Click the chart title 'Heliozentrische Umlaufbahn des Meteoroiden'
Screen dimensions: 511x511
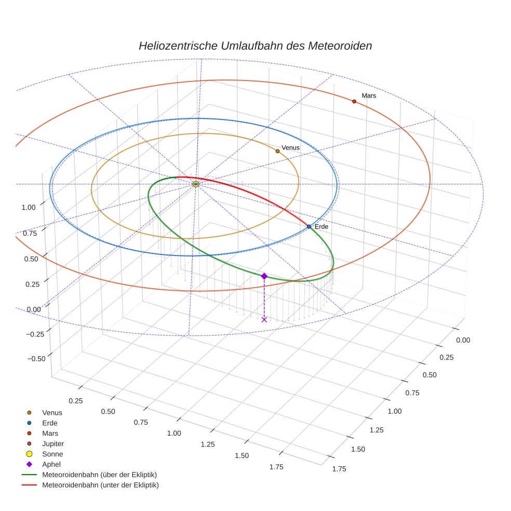(x=255, y=46)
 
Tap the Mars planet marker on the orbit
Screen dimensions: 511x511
(x=354, y=101)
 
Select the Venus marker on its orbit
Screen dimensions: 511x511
(x=277, y=151)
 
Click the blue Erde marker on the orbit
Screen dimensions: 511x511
(x=308, y=226)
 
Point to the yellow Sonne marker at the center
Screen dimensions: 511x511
(x=196, y=184)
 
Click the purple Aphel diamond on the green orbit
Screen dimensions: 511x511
(x=264, y=276)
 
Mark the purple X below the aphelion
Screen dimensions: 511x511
(x=264, y=319)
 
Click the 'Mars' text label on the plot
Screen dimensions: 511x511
(x=369, y=96)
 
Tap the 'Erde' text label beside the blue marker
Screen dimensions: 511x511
(x=321, y=227)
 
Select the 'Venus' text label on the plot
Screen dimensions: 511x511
(x=290, y=148)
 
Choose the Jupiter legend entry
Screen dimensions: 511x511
(x=52, y=443)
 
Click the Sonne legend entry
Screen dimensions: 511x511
(x=52, y=454)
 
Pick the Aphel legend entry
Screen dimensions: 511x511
(x=51, y=464)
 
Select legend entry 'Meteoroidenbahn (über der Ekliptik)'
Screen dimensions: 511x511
(x=99, y=475)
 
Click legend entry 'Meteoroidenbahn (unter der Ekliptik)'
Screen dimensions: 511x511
(x=100, y=485)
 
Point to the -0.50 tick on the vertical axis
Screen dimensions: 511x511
(x=36, y=359)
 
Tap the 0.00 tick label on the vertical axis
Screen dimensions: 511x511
(x=33, y=310)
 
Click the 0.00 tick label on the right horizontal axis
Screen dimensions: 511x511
(x=462, y=340)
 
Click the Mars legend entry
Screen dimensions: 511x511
(x=50, y=433)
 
